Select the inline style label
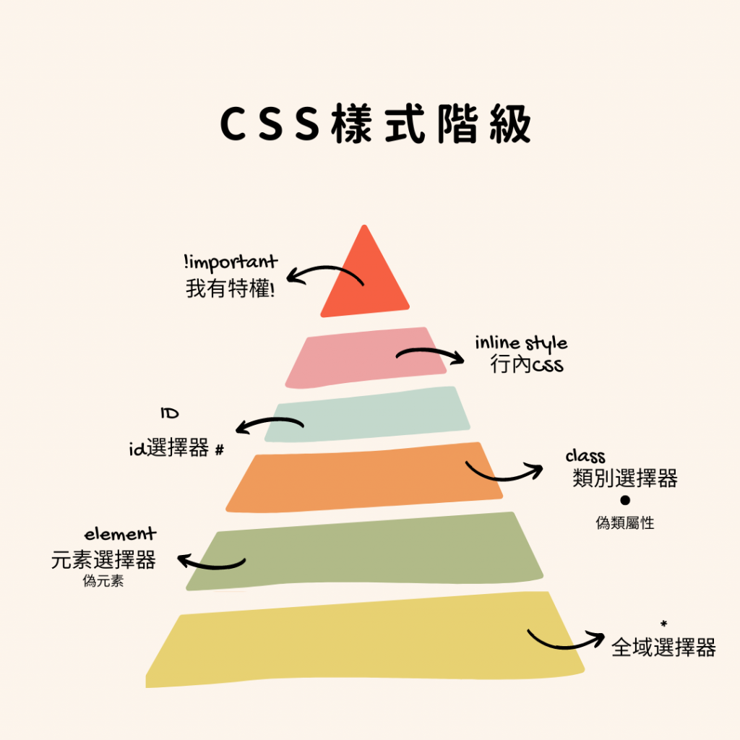pyautogui.click(x=521, y=343)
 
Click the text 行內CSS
pyautogui.click(x=526, y=365)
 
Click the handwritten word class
pyautogui.click(x=585, y=457)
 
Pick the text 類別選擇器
pyautogui.click(x=624, y=478)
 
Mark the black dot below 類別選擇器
pyautogui.click(x=625, y=500)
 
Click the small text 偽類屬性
pyautogui.click(x=625, y=523)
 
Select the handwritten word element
pyautogui.click(x=120, y=535)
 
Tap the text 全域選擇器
pyautogui.click(x=663, y=647)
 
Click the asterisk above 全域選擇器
pyautogui.click(x=663, y=624)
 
